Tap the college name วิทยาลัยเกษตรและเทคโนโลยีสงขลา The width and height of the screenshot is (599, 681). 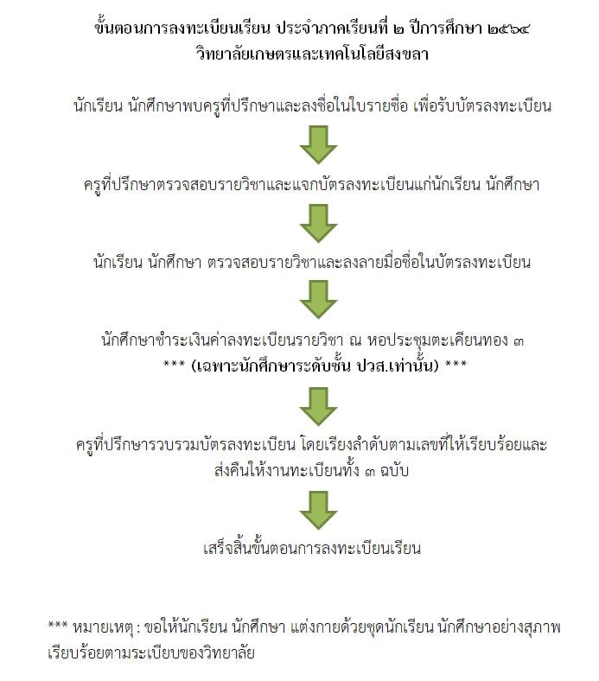pos(312,54)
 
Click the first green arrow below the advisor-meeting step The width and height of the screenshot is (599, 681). pos(318,144)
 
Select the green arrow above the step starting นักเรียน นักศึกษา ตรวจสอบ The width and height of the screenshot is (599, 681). pos(318,223)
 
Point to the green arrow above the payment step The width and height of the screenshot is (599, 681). pos(318,300)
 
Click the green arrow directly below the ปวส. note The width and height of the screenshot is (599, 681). pos(318,406)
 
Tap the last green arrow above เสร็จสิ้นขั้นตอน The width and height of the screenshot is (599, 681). pos(318,510)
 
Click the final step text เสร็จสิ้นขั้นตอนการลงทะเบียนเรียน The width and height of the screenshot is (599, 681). pos(312,548)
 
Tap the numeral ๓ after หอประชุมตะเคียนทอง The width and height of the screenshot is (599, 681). pos(518,341)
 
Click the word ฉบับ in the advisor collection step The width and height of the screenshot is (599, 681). pos(394,471)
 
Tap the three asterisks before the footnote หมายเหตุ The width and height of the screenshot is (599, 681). pos(57,625)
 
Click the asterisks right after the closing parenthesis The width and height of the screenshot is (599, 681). pos(456,363)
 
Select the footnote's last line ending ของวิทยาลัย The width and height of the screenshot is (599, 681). pos(150,653)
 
